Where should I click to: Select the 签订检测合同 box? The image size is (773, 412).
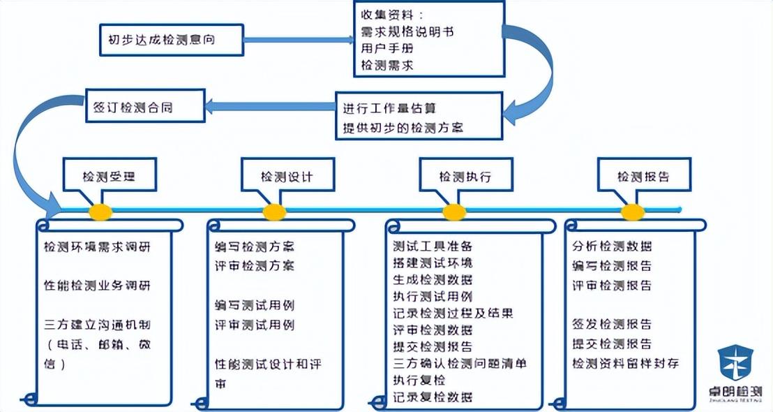tap(145, 108)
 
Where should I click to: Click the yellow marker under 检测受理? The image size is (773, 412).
tap(100, 212)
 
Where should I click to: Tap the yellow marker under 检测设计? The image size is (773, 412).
tap(275, 212)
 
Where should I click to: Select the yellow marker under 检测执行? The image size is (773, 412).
tap(454, 212)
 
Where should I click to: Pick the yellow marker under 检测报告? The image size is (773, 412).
tap(633, 212)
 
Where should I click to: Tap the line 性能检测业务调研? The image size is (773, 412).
tap(97, 286)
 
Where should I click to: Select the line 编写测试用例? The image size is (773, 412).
tap(255, 305)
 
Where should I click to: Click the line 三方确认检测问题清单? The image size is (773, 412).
tap(460, 363)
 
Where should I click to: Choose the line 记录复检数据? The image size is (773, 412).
tap(433, 397)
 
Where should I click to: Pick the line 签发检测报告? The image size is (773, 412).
tap(612, 325)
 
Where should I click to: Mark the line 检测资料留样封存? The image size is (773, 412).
tap(625, 363)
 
